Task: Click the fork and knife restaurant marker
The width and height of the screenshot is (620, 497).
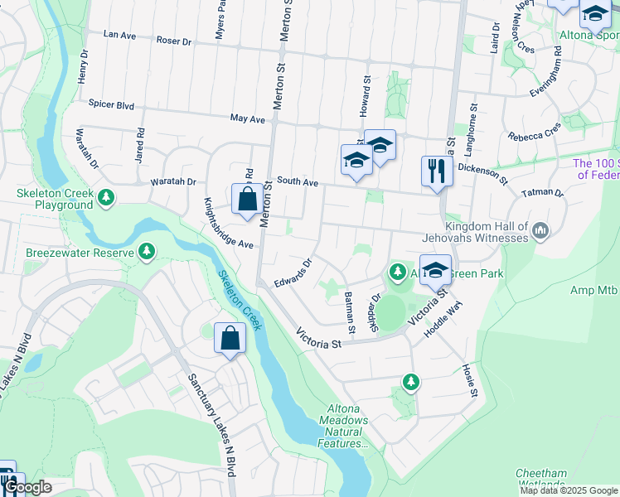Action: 437,172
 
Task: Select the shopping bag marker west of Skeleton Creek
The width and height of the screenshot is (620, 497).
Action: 230,339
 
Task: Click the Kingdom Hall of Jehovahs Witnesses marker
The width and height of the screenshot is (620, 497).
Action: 540,229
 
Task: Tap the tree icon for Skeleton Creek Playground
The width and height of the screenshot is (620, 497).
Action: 106,197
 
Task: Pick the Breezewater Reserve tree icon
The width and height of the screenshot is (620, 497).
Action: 147,250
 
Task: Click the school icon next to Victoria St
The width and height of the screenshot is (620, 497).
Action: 435,271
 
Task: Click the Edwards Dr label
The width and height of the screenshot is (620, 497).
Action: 293,271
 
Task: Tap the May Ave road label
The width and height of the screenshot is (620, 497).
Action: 247,119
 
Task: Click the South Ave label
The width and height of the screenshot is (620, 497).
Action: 298,181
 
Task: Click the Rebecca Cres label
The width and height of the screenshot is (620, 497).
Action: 535,133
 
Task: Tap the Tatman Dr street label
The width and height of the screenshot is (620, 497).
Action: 542,194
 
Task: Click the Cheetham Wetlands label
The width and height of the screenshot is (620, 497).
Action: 540,480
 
